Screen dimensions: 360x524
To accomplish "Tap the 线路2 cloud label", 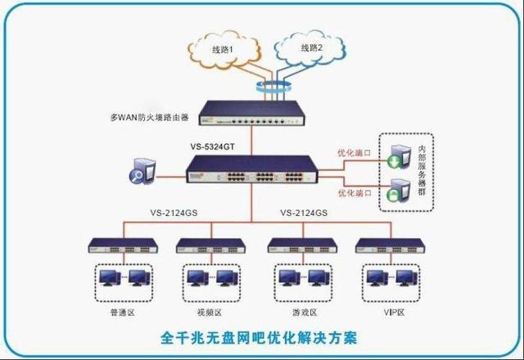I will (x=311, y=48).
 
